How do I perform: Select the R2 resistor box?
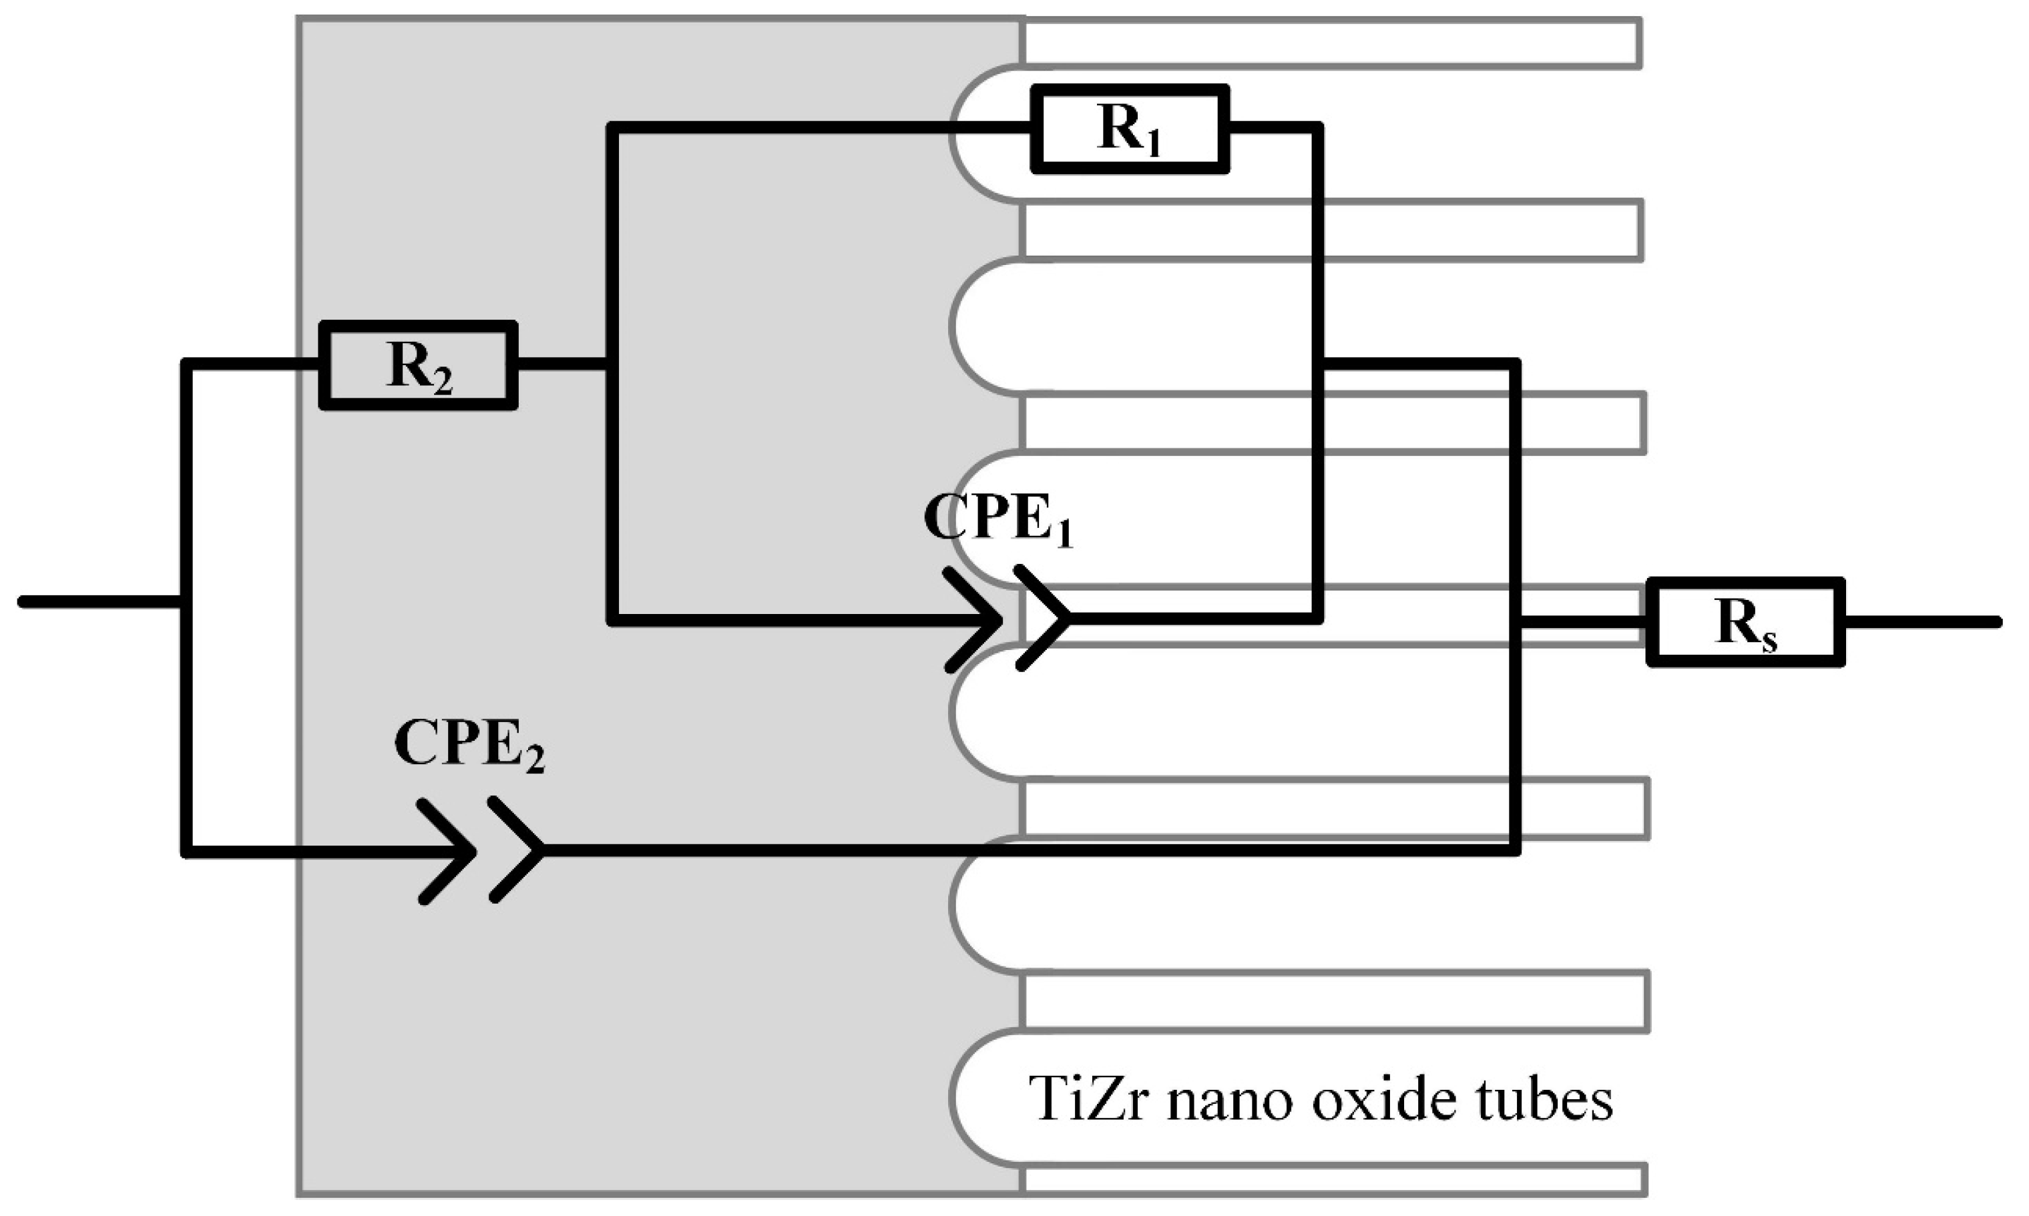(x=418, y=366)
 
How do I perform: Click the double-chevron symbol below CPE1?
(x=1006, y=619)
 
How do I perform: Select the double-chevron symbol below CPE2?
(x=479, y=850)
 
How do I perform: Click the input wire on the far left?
(x=98, y=602)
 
